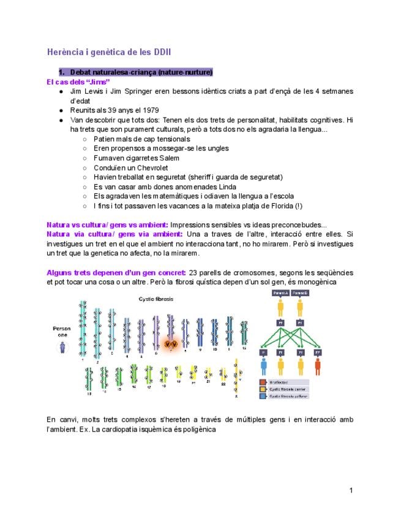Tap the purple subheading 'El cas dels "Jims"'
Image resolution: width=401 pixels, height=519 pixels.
[78, 81]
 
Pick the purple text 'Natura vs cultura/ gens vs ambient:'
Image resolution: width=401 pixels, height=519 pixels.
[107, 225]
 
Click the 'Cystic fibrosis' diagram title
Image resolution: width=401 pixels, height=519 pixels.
[156, 299]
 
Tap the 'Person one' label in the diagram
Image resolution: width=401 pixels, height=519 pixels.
[62, 332]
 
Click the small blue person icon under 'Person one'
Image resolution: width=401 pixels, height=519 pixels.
[62, 348]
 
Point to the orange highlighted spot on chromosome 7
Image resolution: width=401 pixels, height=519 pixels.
[172, 345]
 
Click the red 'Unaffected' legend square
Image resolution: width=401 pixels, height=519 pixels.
[262, 381]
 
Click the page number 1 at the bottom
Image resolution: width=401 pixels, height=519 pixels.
[351, 490]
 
